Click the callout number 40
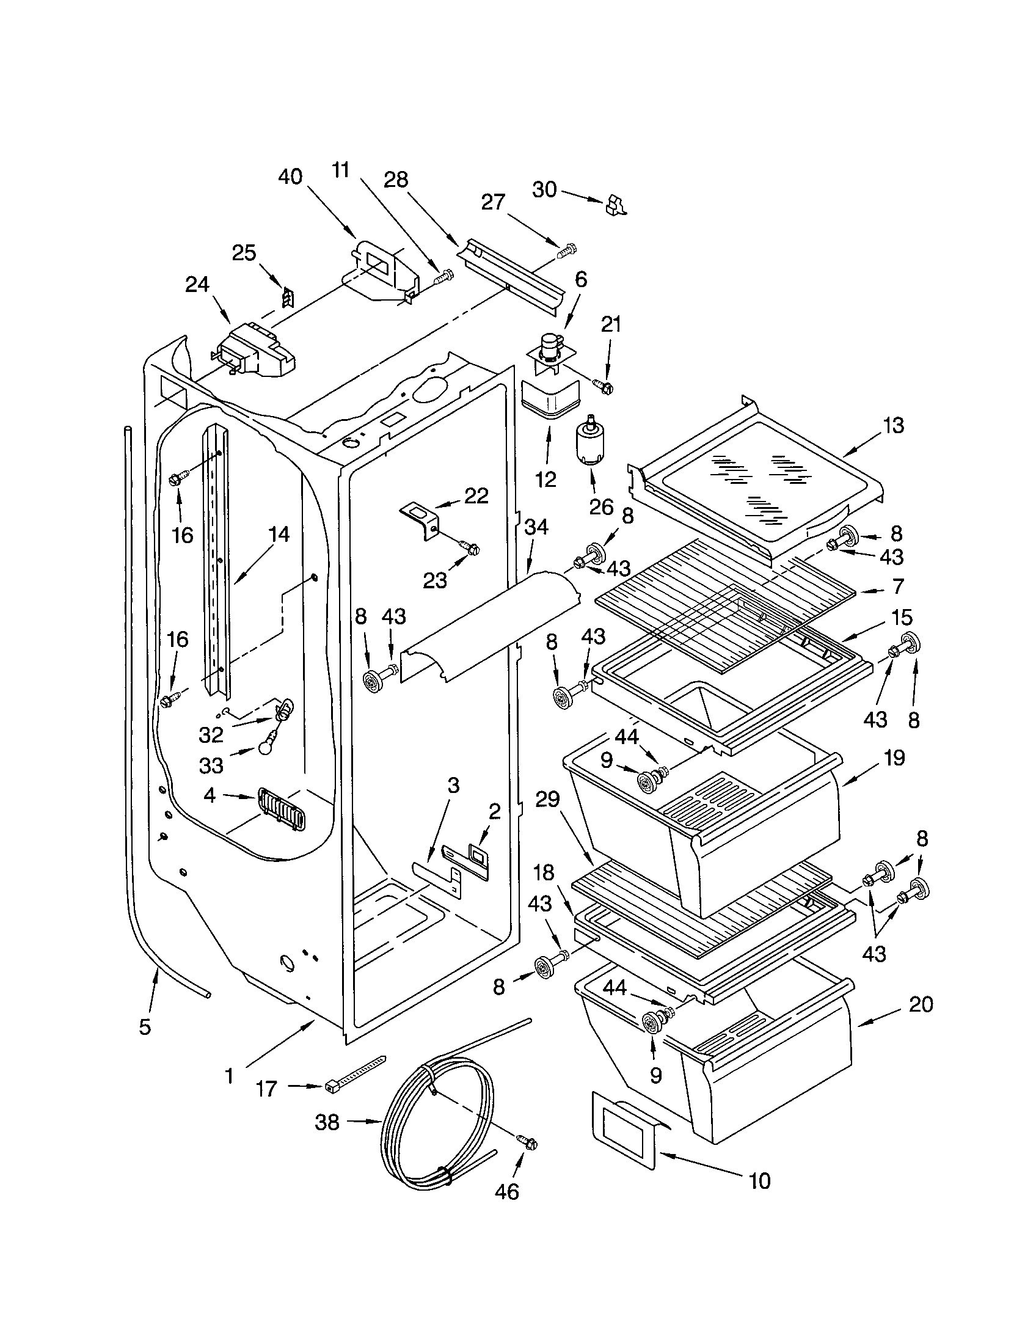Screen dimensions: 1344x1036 [x=290, y=177]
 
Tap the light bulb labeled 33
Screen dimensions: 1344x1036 [x=266, y=747]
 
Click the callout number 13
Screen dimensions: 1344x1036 [x=893, y=425]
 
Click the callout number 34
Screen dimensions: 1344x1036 [x=536, y=527]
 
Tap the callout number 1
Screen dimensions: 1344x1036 [x=229, y=1076]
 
